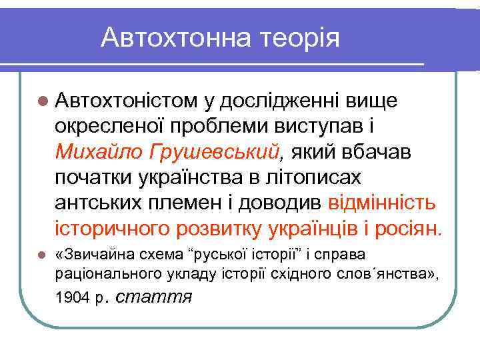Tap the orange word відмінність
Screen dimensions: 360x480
[x=383, y=203]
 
